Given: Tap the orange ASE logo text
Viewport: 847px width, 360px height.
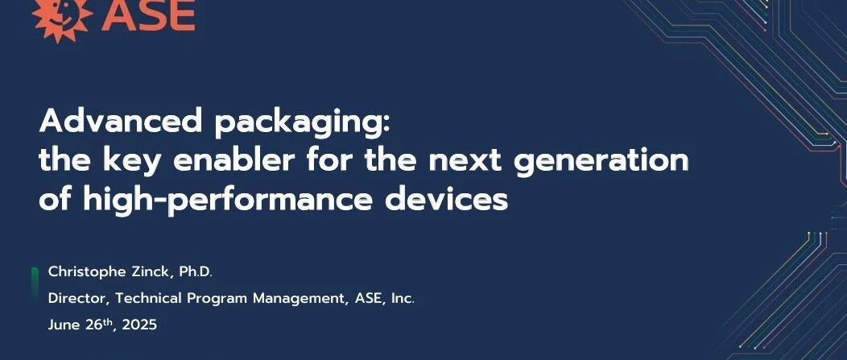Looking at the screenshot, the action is [149, 14].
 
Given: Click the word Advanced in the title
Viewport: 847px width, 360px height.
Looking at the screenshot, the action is [121, 121].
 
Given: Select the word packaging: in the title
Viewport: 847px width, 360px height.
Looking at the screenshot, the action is [302, 123].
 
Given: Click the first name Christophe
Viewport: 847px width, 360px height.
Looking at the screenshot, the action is [82, 272].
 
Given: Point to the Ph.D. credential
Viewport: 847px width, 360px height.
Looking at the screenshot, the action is [196, 272].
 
